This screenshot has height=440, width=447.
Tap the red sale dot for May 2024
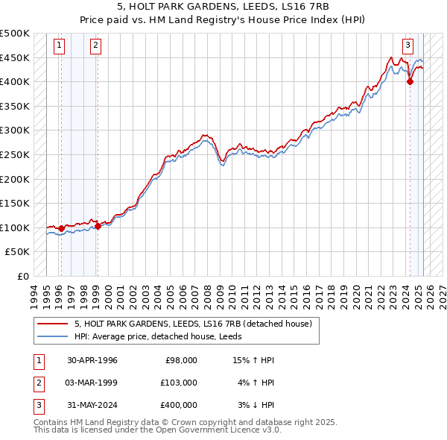pyautogui.click(x=410, y=82)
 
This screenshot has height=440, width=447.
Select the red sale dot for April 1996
pyautogui.click(x=60, y=228)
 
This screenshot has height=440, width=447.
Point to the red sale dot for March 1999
pyautogui.click(x=98, y=226)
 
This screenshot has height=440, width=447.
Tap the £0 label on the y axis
pyautogui.click(x=23, y=276)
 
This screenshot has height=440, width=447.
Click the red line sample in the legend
pyautogui.click(x=53, y=324)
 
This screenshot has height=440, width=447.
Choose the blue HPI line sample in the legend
pyautogui.click(x=53, y=337)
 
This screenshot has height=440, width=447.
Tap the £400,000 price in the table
pyautogui.click(x=179, y=405)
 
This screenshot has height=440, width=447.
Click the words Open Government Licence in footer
pyautogui.click(x=209, y=430)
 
